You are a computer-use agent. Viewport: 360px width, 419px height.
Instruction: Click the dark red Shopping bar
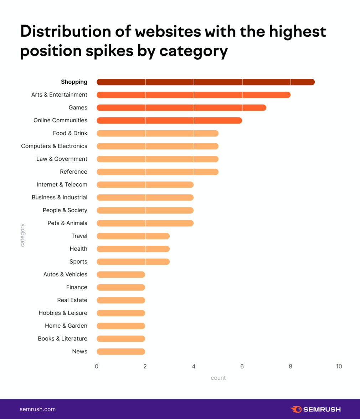(x=205, y=82)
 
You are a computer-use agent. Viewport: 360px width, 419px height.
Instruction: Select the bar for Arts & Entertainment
(x=193, y=95)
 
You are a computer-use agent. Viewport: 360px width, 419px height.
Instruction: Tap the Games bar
(x=181, y=108)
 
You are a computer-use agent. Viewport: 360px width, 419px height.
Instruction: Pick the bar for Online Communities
(x=169, y=121)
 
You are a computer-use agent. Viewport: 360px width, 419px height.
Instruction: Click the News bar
(x=120, y=352)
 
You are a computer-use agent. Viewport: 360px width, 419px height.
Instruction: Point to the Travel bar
(x=133, y=236)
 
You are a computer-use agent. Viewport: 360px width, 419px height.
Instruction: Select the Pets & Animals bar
(x=145, y=223)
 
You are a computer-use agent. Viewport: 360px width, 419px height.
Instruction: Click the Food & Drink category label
(x=70, y=133)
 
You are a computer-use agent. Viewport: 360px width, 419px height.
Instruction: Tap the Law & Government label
(x=62, y=159)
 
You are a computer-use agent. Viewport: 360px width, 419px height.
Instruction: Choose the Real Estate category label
(x=72, y=300)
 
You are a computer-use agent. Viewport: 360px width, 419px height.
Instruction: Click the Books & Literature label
(x=62, y=339)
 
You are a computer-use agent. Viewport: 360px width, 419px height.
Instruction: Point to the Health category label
(x=78, y=249)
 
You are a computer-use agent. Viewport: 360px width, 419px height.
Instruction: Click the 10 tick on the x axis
(x=339, y=367)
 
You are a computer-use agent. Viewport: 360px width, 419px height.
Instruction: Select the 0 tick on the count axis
(x=97, y=367)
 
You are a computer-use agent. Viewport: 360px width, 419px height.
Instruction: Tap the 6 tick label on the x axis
(x=242, y=367)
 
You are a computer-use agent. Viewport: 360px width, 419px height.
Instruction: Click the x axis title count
(x=218, y=378)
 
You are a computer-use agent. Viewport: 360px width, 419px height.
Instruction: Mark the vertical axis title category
(x=22, y=235)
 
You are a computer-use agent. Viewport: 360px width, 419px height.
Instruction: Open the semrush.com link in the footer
(x=37, y=409)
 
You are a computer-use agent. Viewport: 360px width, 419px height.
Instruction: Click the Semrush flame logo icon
(x=296, y=409)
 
